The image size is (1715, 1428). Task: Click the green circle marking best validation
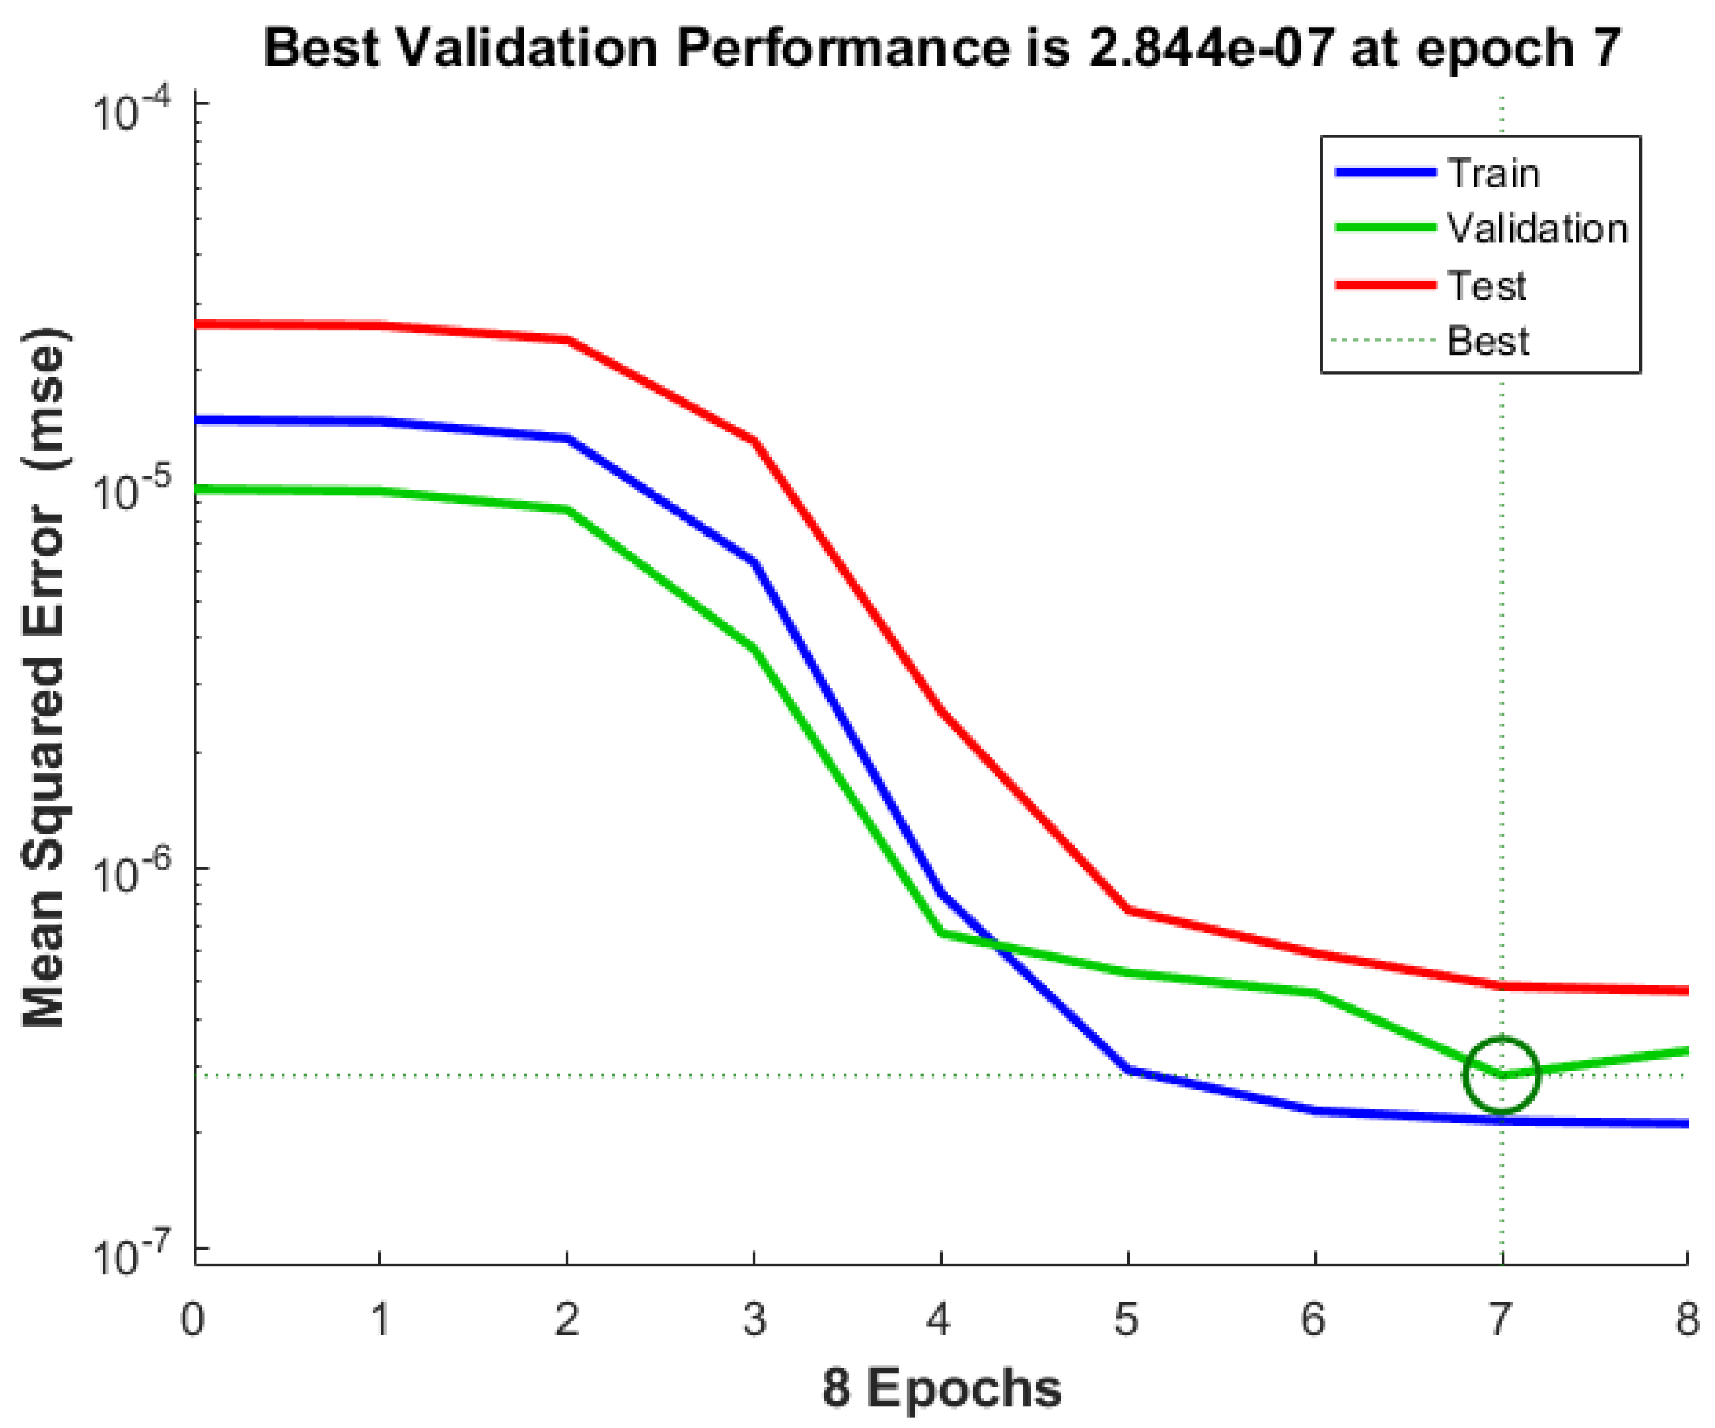click(x=1501, y=1075)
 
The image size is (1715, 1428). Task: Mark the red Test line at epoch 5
click(x=1128, y=909)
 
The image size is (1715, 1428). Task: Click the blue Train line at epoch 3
click(x=754, y=562)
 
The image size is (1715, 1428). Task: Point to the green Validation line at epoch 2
click(x=567, y=510)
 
